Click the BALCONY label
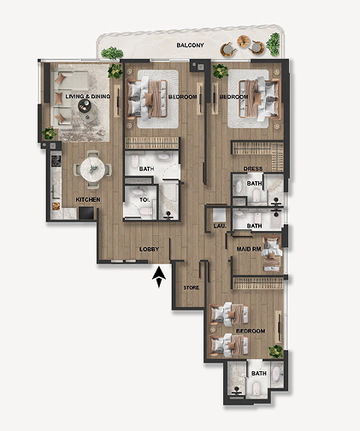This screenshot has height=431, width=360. coord(190,45)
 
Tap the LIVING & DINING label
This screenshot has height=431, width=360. coord(88,97)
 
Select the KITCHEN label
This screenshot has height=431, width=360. coord(88,199)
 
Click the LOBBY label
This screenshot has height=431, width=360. coord(149,249)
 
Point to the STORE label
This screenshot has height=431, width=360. coord(192,287)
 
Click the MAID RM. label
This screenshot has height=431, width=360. coord(249,249)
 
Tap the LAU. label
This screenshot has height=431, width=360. coord(220,226)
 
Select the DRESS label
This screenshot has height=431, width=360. coord(253,168)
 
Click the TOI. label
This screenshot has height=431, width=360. coord(145,200)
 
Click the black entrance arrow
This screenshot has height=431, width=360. coord(159,277)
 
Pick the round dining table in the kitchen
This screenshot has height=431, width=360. coord(92,169)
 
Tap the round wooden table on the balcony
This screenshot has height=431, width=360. coord(243,41)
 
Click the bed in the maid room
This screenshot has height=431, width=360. coord(273,254)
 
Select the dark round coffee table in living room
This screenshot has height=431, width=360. coord(85,106)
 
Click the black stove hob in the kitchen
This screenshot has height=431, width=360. coord(56,161)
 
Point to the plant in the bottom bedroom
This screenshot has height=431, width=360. coord(276,351)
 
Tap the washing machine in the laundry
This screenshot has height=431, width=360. coord(220,215)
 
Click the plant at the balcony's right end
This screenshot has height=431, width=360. coord(274,44)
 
